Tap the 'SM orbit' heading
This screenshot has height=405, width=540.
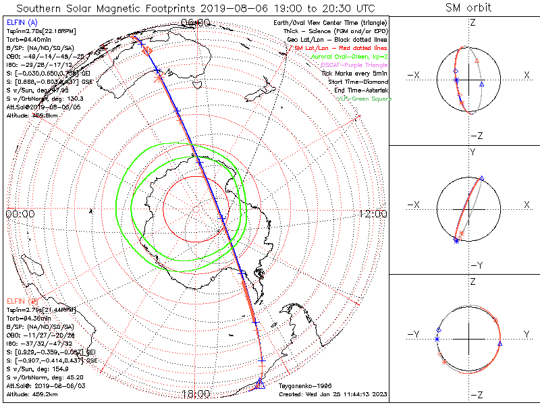468,8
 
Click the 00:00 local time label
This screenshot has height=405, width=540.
20,214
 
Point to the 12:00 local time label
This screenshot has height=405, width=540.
372,214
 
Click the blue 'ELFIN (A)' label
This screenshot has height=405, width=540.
22,23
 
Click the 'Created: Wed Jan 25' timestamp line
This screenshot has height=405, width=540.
332,395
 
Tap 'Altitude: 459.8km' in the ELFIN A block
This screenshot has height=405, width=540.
31,115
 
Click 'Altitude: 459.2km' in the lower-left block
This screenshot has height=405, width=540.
31,394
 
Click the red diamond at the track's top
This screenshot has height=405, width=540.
148,50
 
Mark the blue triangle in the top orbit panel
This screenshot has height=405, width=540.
481,84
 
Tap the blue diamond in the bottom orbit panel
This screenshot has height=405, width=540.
439,330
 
